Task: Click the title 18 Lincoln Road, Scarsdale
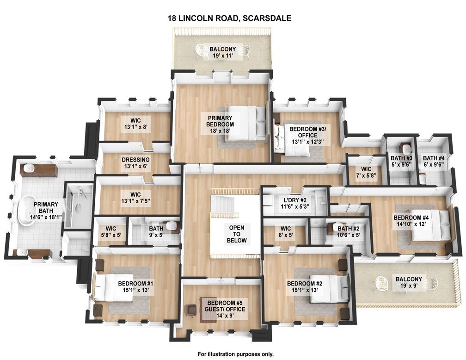pyautogui.click(x=229, y=18)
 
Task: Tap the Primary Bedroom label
pyautogui.click(x=220, y=121)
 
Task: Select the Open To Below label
pyautogui.click(x=237, y=234)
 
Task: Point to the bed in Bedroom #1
pyautogui.click(x=113, y=287)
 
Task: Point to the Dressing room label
pyautogui.click(x=135, y=160)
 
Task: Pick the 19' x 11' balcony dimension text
pyautogui.click(x=223, y=56)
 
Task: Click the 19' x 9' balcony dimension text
pyautogui.click(x=409, y=286)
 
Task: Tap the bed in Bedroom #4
pyautogui.click(x=430, y=225)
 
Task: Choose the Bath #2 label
pyautogui.click(x=349, y=229)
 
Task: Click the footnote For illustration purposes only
pyautogui.click(x=236, y=354)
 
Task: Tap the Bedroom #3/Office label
pyautogui.click(x=307, y=132)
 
